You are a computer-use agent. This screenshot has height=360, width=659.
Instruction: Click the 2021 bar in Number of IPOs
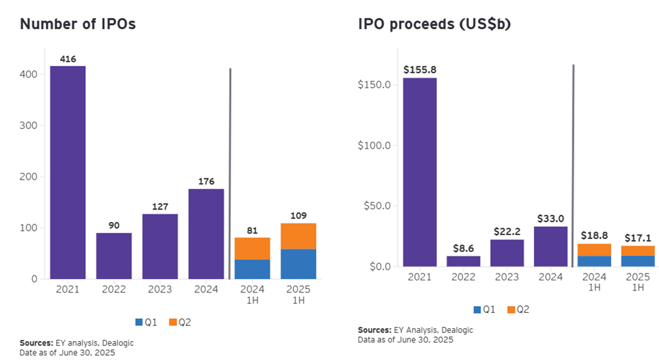(68, 172)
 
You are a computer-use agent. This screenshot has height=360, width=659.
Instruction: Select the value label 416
(68, 59)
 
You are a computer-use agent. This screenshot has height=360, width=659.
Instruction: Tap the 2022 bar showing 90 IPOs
(114, 256)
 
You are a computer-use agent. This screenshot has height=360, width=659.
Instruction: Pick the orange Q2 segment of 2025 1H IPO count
(299, 236)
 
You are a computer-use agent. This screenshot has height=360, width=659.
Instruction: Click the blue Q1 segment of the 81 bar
(253, 269)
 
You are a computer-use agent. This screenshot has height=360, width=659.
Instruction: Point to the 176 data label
(206, 181)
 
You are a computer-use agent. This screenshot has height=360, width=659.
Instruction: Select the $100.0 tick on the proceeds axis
(374, 146)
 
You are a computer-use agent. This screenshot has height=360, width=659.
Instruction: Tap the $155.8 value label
(420, 70)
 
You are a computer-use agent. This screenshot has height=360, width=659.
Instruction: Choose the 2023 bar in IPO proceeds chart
(507, 253)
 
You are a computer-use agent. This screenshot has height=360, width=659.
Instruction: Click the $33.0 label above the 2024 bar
(551, 219)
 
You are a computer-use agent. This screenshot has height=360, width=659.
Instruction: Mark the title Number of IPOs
(78, 24)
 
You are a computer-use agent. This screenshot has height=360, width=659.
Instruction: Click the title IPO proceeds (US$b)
(435, 24)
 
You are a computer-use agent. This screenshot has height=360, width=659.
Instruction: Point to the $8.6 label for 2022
(463, 248)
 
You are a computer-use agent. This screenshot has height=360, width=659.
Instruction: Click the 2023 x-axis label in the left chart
(160, 289)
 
